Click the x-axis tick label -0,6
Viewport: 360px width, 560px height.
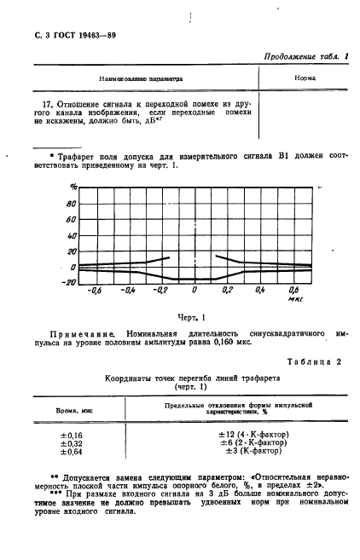(x=96, y=292)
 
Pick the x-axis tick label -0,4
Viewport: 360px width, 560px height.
(x=129, y=292)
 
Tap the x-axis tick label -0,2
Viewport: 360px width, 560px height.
(x=160, y=292)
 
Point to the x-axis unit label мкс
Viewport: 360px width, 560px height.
(x=294, y=300)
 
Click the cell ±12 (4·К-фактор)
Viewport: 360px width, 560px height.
(x=253, y=435)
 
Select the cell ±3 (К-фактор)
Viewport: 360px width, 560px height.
(x=253, y=455)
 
